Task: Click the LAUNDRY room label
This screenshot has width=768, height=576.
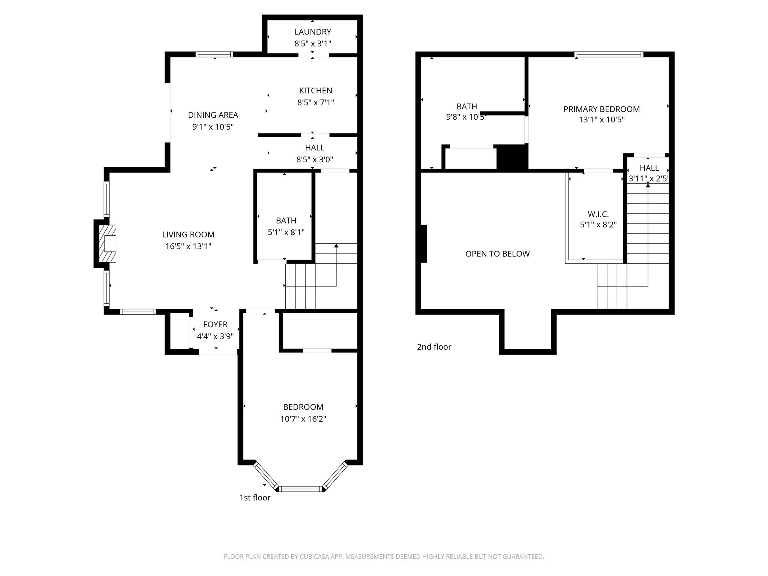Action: click(312, 32)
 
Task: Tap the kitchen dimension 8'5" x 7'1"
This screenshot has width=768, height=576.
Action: click(315, 102)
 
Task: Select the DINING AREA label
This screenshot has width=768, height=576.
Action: click(213, 115)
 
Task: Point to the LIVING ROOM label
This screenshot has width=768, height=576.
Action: click(188, 234)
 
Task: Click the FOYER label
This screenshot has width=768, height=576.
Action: click(215, 324)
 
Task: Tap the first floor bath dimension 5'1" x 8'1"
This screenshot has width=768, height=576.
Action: click(286, 232)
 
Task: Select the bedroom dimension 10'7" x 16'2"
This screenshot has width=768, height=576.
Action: click(303, 419)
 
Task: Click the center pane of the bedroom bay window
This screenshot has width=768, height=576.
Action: click(301, 489)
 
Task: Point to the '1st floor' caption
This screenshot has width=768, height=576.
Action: click(255, 498)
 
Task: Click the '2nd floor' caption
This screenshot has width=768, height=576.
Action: click(434, 347)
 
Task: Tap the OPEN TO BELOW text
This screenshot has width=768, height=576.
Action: click(497, 254)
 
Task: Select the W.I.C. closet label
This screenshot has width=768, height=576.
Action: click(598, 214)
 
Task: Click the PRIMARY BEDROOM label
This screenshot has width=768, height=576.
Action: click(601, 109)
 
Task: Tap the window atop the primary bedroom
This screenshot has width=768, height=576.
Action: click(609, 55)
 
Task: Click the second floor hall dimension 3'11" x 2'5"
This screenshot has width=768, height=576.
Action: click(648, 178)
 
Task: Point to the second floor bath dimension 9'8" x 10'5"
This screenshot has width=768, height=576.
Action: click(466, 117)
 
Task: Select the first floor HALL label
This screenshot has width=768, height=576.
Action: click(315, 147)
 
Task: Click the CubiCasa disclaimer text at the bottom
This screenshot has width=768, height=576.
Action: click(384, 556)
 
